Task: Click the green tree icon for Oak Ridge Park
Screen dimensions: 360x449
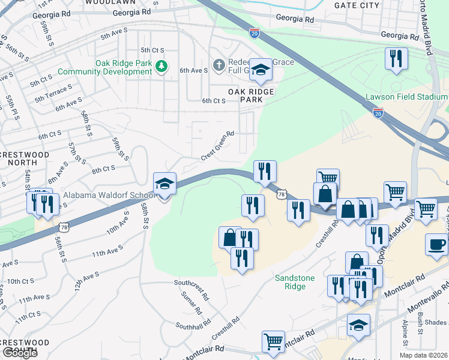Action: (160, 65)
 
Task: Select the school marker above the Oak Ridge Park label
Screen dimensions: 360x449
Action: (261, 71)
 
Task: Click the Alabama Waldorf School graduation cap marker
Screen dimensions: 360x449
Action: (164, 185)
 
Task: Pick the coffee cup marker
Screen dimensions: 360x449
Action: (436, 245)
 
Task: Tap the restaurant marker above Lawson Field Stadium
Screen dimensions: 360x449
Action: (396, 59)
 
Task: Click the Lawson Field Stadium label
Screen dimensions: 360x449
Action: (407, 97)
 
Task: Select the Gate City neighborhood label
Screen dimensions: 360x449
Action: (358, 5)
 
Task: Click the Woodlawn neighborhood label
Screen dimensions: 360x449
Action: (109, 2)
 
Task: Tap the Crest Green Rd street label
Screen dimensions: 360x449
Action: (217, 146)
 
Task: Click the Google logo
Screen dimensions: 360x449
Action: (19, 353)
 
